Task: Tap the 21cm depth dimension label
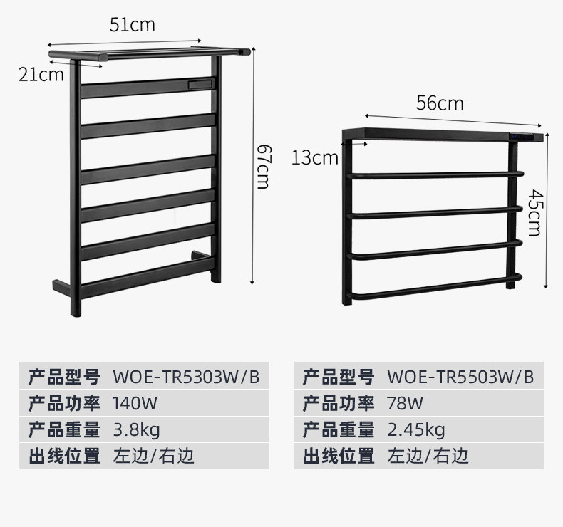point(41,74)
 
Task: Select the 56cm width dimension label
point(440,103)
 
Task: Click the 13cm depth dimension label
point(314,157)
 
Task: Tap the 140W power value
point(135,403)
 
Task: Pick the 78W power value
point(405,403)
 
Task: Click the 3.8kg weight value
point(137,429)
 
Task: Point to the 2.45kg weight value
point(416,429)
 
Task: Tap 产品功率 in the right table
point(339,403)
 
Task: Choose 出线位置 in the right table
point(339,456)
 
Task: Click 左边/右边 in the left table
point(153,456)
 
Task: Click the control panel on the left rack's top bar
point(200,84)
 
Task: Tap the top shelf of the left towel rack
point(150,52)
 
